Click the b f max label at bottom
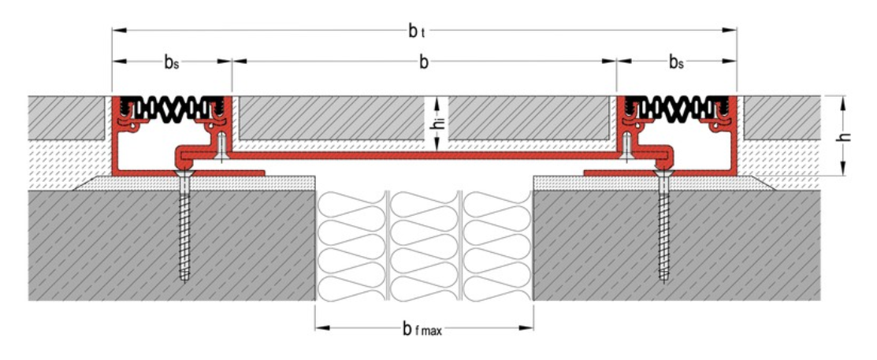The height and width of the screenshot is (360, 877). [418, 328]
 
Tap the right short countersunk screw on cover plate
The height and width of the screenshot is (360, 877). [626, 147]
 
